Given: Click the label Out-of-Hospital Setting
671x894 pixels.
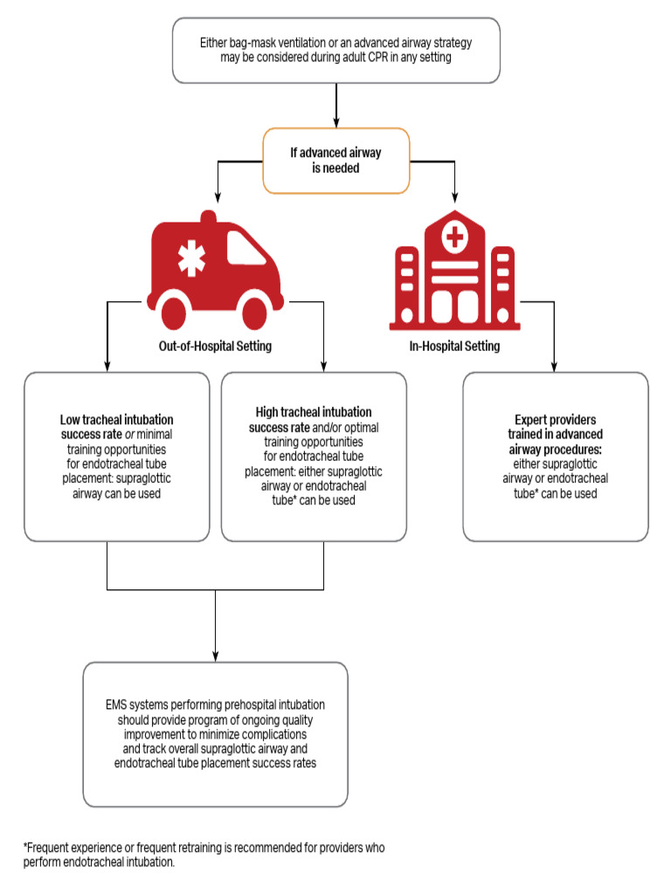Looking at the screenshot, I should click(x=214, y=346).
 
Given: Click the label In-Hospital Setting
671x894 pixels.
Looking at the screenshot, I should click(x=454, y=346).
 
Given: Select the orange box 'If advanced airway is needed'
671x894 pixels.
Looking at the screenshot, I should click(x=336, y=160).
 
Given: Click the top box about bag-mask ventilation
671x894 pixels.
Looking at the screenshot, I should click(x=336, y=50).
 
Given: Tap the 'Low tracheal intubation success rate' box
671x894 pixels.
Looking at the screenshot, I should click(x=116, y=456).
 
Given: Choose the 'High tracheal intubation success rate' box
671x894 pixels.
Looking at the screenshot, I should click(x=314, y=456).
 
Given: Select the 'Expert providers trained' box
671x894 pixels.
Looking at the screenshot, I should click(x=556, y=456).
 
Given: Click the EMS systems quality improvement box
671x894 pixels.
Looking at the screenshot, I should click(x=215, y=733).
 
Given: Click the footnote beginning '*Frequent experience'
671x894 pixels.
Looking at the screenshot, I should click(x=204, y=855).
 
